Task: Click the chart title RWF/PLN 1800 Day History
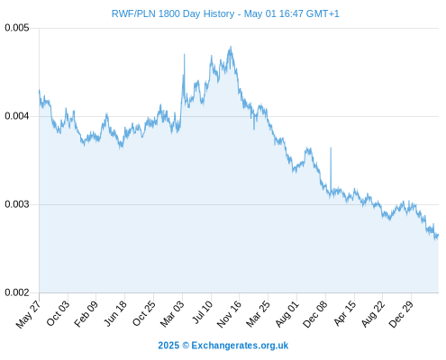pos(173,13)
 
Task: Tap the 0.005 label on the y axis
pos(17,28)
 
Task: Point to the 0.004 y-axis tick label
pos(17,116)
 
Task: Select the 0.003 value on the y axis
pos(17,204)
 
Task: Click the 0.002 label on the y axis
pos(17,292)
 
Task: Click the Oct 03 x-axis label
pos(58,313)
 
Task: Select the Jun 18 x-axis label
pos(114,313)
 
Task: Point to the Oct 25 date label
pos(143,313)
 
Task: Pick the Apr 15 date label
pos(345,313)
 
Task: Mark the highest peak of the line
pos(231,47)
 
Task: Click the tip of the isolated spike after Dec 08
pos(331,148)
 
